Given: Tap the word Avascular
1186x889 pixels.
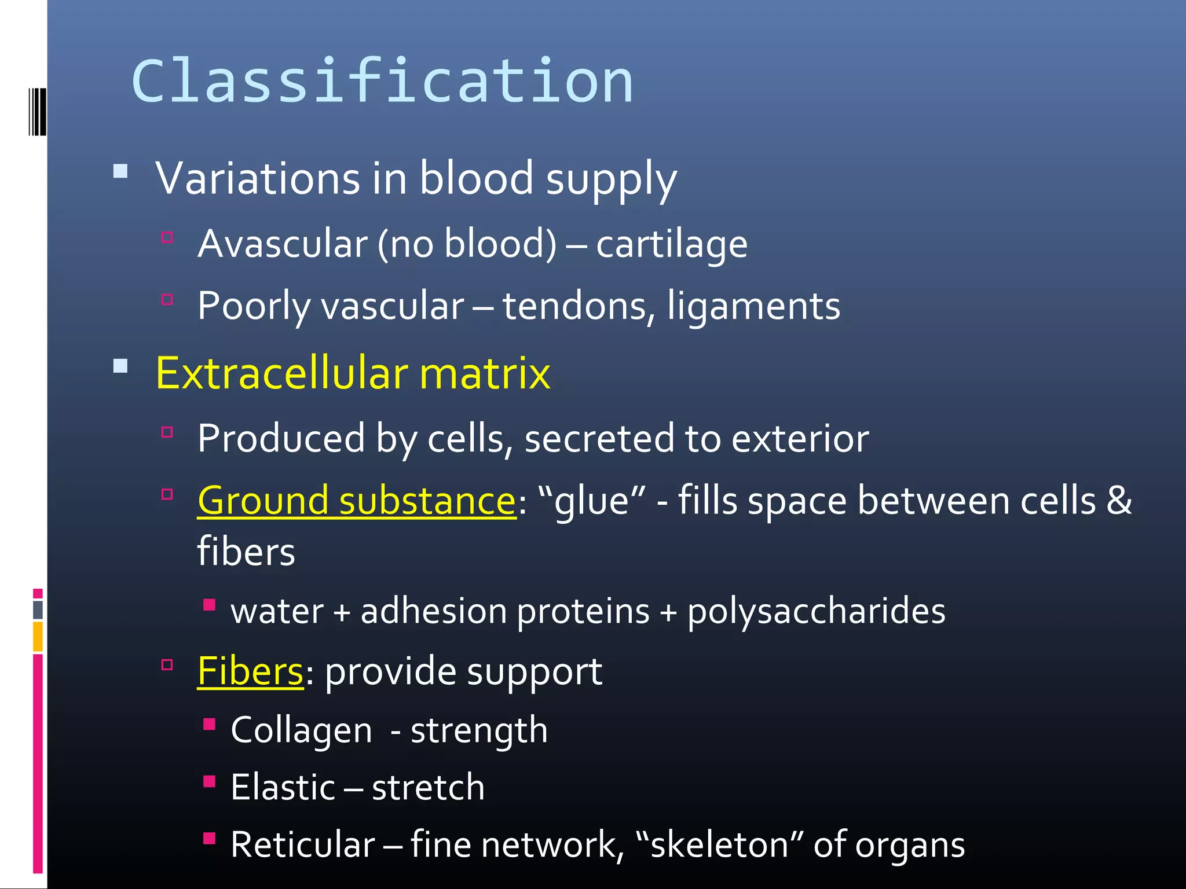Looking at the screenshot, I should tap(283, 244).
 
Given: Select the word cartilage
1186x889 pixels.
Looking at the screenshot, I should tap(672, 245).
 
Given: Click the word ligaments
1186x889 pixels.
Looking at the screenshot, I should tap(753, 307).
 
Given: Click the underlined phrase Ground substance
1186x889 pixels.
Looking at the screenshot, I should tap(356, 501).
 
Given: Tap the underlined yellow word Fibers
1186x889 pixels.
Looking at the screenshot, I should tap(250, 671).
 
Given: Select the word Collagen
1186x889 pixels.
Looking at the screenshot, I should tap(301, 730).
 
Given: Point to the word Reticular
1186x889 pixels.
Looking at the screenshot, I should tap(303, 844).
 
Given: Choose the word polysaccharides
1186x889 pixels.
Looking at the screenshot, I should tap(816, 612).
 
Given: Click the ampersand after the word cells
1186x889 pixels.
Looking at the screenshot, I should tap(1119, 500).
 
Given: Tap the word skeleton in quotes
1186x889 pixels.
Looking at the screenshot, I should tap(719, 844).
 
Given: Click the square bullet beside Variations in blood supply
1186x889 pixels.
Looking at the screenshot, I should tap(120, 171).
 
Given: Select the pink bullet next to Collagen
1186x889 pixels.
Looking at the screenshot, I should tap(209, 724).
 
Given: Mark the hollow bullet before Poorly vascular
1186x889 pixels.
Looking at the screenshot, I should tap(167, 299).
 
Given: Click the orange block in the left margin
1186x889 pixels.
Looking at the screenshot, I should tap(38, 636).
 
